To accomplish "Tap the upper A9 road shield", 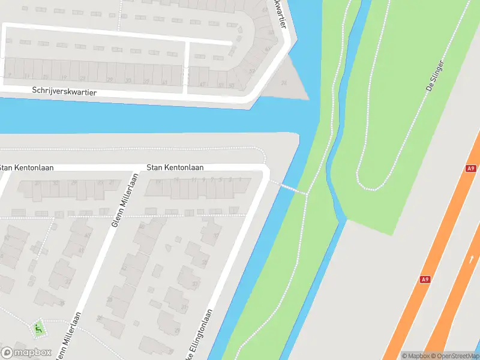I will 470,169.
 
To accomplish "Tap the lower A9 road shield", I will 425,279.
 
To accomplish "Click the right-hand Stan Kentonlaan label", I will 175,168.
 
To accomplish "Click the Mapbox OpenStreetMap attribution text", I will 440,356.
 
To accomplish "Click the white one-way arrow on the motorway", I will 471,260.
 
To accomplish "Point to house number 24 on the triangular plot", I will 284,83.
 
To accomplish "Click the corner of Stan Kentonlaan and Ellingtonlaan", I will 263,169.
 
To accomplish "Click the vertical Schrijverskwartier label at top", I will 280,13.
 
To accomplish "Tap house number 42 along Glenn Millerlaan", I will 124,267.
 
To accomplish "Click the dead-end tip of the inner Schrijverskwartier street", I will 231,43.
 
